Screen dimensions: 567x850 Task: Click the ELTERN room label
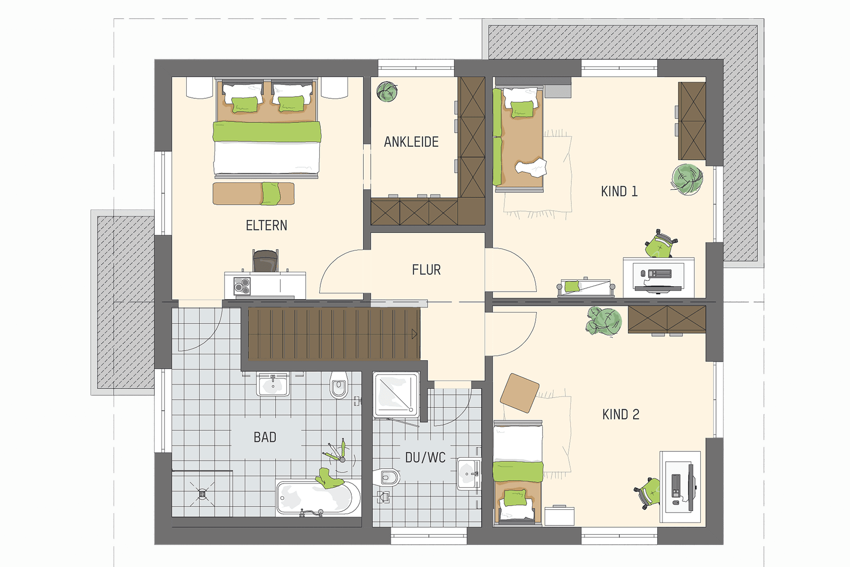pos(266,225)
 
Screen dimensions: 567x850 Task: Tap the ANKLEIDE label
pos(411,142)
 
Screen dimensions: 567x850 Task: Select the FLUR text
pos(426,270)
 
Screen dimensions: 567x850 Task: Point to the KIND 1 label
pos(619,191)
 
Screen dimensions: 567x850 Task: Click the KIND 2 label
pos(621,414)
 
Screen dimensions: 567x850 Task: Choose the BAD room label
pos(265,437)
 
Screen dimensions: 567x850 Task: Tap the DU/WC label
pos(425,458)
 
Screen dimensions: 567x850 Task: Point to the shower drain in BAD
pos(202,493)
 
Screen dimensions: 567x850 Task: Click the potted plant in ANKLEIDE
pos(387,91)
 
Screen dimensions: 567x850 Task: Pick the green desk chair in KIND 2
pos(648,492)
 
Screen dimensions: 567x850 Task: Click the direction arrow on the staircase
pos(414,334)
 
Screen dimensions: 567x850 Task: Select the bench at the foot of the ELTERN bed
pos(254,193)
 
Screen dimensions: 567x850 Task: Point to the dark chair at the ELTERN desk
pos(265,261)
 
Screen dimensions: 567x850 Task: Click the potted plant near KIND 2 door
pos(603,321)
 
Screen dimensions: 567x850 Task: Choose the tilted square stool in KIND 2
pos(519,393)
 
